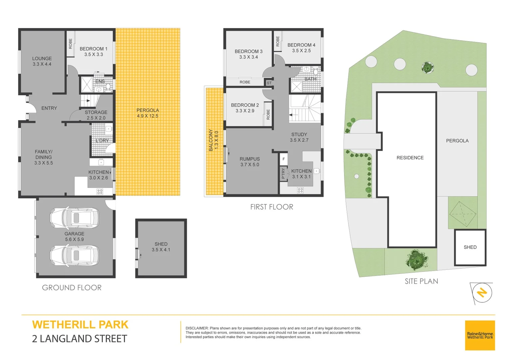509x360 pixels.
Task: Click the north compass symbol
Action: [x=482, y=293]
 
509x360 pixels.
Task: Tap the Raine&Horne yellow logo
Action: [x=480, y=335]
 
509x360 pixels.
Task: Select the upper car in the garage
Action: [x=74, y=218]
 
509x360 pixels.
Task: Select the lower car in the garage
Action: [x=74, y=255]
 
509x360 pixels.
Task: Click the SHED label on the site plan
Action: [x=470, y=247]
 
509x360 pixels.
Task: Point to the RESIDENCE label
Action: [x=410, y=158]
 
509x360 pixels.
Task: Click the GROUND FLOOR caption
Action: [x=72, y=288]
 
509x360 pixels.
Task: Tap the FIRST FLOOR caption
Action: [x=271, y=207]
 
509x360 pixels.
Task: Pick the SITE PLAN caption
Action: [x=421, y=281]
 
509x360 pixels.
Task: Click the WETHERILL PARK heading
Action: [x=80, y=325]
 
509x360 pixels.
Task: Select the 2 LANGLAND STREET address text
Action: [x=80, y=339]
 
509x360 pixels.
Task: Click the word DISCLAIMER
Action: [x=197, y=328]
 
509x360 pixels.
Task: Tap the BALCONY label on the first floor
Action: [x=211, y=140]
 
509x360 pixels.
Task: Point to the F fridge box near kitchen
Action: [x=283, y=159]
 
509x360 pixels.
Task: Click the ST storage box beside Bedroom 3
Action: [x=269, y=83]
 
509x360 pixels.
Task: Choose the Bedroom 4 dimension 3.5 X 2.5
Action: [x=301, y=51]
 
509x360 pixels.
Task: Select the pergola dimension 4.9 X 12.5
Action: [x=148, y=116]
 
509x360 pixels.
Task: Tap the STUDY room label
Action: [x=299, y=134]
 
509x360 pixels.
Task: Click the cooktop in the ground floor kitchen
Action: [x=100, y=191]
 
